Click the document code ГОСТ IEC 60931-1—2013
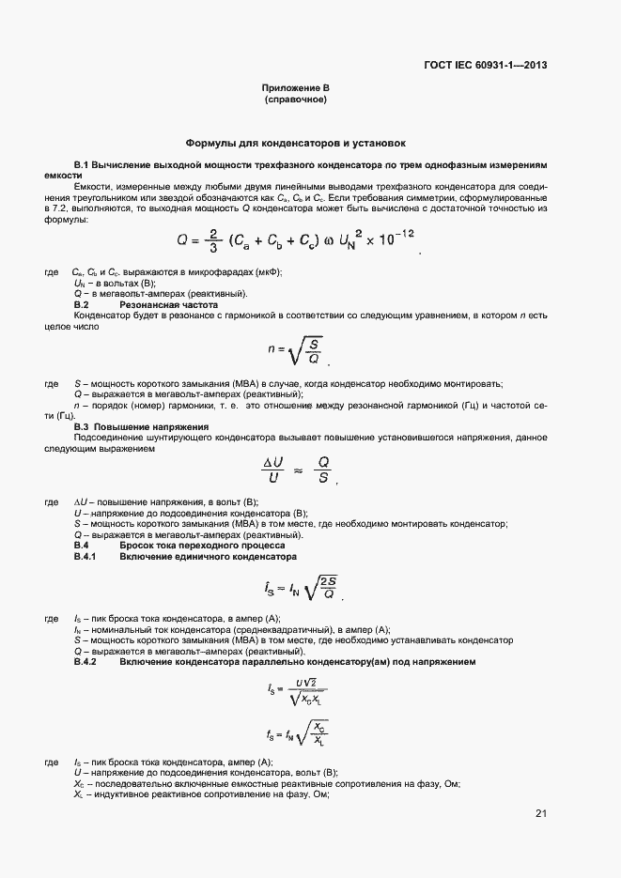487,66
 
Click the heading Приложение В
296,87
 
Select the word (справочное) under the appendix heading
296,99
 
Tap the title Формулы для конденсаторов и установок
296,144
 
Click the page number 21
540,813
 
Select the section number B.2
81,305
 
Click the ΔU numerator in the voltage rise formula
272,462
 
